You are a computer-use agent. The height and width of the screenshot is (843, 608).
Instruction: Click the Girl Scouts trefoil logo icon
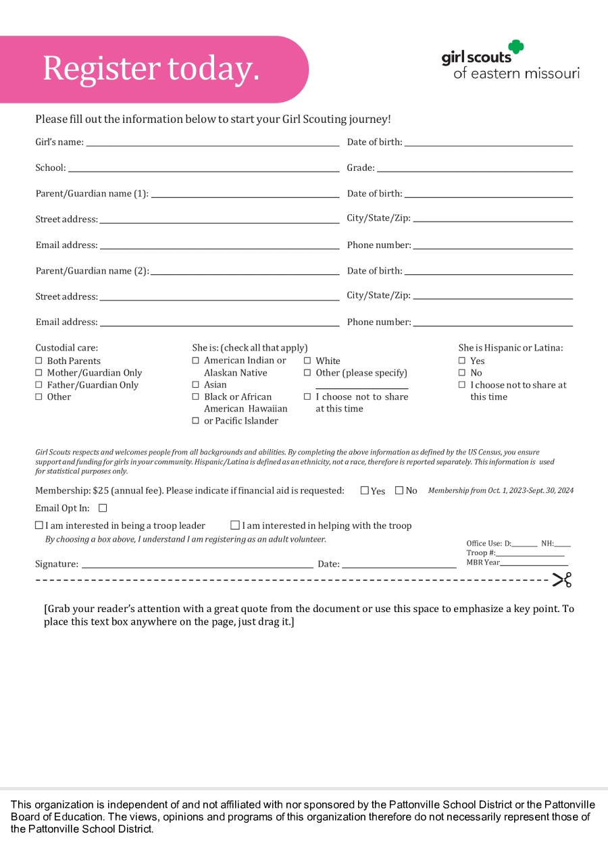[517, 47]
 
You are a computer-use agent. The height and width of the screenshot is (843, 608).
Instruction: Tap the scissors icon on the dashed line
[561, 580]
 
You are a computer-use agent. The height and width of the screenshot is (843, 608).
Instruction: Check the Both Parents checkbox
[39, 361]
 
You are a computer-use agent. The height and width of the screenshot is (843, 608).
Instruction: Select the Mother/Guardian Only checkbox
[39, 373]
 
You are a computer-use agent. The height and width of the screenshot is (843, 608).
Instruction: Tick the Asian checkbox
[196, 385]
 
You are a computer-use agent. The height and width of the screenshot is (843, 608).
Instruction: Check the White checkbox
[307, 361]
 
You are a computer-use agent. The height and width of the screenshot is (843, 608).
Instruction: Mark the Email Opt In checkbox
[103, 508]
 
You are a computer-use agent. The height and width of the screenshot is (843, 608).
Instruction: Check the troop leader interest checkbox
[39, 525]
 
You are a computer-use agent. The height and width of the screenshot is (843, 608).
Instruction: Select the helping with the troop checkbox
[235, 525]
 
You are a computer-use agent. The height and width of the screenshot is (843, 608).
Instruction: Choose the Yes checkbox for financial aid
[365, 490]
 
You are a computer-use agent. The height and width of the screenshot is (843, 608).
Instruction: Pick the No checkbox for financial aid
[399, 490]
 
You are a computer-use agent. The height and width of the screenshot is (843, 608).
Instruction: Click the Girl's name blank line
[212, 144]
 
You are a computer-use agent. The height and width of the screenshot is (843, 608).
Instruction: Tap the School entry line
[203, 170]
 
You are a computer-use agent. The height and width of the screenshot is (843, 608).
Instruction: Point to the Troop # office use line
[530, 555]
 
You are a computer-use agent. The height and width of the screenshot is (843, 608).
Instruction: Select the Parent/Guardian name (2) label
[92, 271]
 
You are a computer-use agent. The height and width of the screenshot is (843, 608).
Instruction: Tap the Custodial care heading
[66, 348]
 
